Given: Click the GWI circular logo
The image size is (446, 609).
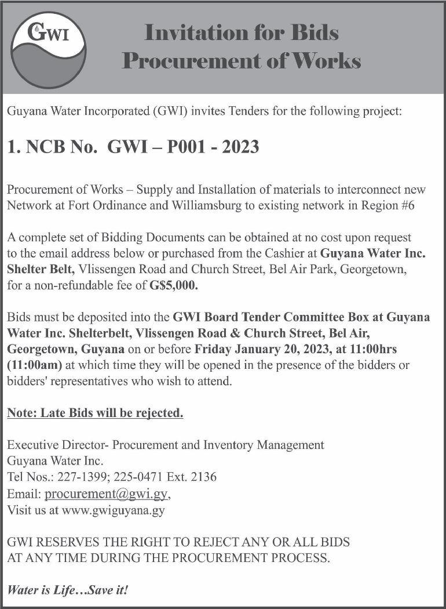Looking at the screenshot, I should coord(49,47).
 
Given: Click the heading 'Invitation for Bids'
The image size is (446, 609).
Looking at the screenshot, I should coord(241,32).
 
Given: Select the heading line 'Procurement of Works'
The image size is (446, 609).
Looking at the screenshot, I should coord(241,61).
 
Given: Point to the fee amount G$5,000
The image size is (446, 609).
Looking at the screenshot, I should coord(173,285).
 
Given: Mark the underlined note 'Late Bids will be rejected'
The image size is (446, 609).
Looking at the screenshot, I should coord(95,414).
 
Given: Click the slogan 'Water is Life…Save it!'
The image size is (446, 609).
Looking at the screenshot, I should coord(67,590).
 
